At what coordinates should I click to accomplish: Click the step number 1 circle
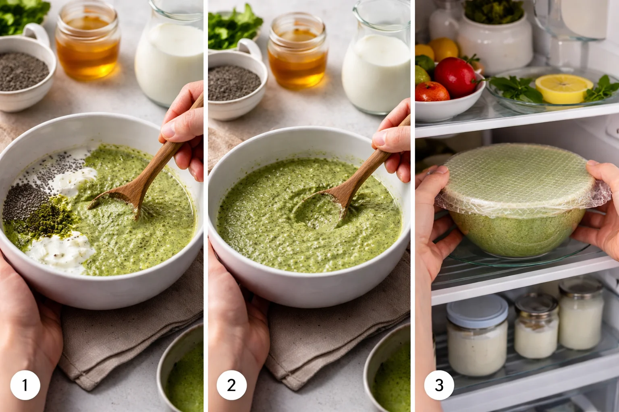pyautogui.click(x=25, y=385)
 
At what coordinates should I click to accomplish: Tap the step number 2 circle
pyautogui.click(x=232, y=385)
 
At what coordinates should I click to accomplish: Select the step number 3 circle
pyautogui.click(x=439, y=385)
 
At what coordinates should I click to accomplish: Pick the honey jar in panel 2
pyautogui.click(x=297, y=52)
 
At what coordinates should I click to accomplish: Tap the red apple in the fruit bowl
pyautogui.click(x=455, y=76)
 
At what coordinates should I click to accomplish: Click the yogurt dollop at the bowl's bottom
pyautogui.click(x=60, y=249)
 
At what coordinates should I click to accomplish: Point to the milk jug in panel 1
pyautogui.click(x=169, y=56)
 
